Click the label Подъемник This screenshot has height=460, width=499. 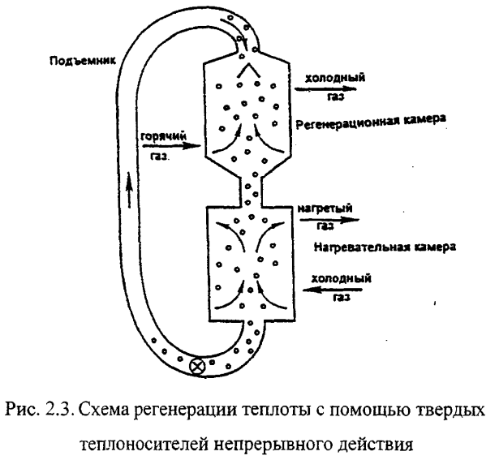pos(83,61)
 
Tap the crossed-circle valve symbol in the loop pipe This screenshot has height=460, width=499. pos(197,367)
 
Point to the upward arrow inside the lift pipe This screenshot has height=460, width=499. pos(128,190)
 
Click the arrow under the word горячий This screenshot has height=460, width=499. pos(172,146)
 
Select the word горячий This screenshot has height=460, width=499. pos(163,137)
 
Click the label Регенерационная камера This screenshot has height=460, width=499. pos(371,122)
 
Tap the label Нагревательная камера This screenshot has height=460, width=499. pos(385,247)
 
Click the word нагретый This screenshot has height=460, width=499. pos(325,209)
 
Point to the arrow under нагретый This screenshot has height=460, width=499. pos(329,220)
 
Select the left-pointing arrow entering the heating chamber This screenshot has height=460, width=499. pos(332,290)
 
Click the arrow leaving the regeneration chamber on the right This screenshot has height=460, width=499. pos(326,88)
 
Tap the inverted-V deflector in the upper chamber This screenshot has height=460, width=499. pos(248,70)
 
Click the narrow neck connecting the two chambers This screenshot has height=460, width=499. pos(251,190)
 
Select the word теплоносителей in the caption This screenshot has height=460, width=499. pos(143,444)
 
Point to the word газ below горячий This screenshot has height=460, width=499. pos(159,157)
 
